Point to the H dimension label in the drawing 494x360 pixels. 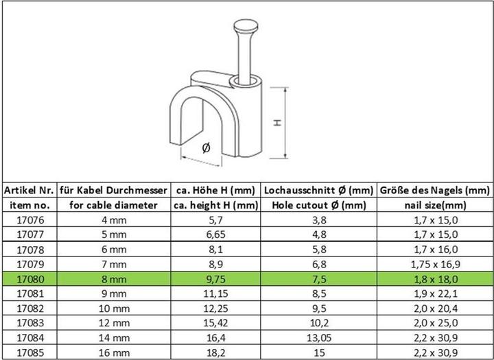277,123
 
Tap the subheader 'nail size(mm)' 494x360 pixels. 435,204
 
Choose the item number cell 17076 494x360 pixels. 28,219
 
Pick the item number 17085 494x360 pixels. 28,354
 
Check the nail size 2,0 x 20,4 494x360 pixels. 435,309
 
